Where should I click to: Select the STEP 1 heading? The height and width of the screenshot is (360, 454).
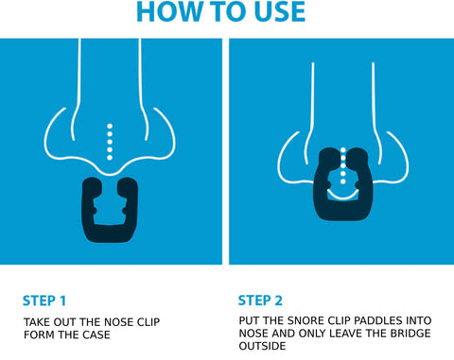click(44, 301)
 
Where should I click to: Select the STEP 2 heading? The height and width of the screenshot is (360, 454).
click(261, 301)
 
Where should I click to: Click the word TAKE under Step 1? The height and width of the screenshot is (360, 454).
click(38, 322)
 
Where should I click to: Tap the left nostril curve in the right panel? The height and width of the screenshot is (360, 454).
click(288, 156)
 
